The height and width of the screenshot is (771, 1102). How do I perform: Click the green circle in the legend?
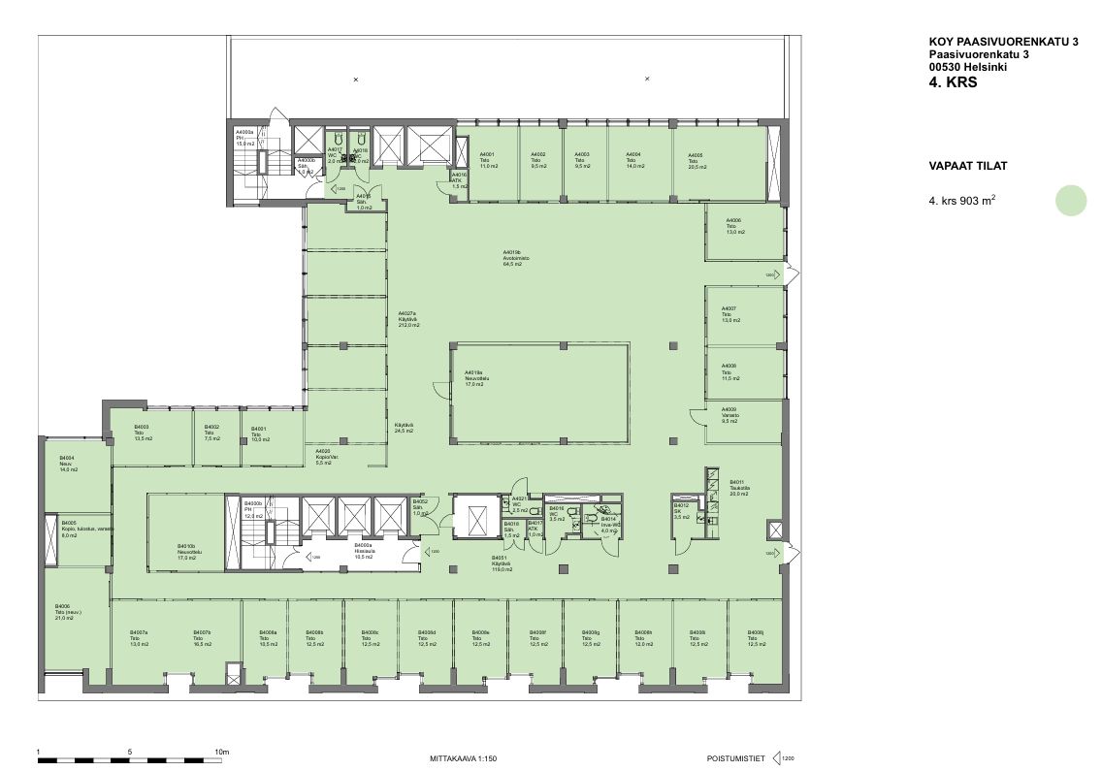click(x=1072, y=201)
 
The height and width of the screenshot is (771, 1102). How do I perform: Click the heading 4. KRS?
click(x=952, y=83)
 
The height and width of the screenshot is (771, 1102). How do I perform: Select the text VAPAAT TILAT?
click(x=967, y=166)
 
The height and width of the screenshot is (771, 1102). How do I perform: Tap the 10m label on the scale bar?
click(x=221, y=752)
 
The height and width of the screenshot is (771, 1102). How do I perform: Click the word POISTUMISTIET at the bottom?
click(x=736, y=757)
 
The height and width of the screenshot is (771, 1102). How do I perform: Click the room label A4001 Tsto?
click(x=488, y=161)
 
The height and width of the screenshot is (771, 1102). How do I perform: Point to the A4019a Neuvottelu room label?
click(x=474, y=378)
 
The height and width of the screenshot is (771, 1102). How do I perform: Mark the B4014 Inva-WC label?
click(x=609, y=525)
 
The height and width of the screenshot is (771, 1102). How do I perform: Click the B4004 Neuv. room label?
click(x=68, y=463)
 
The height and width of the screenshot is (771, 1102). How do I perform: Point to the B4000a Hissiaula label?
click(x=364, y=552)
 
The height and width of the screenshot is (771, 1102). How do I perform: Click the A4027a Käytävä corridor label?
click(x=408, y=319)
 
